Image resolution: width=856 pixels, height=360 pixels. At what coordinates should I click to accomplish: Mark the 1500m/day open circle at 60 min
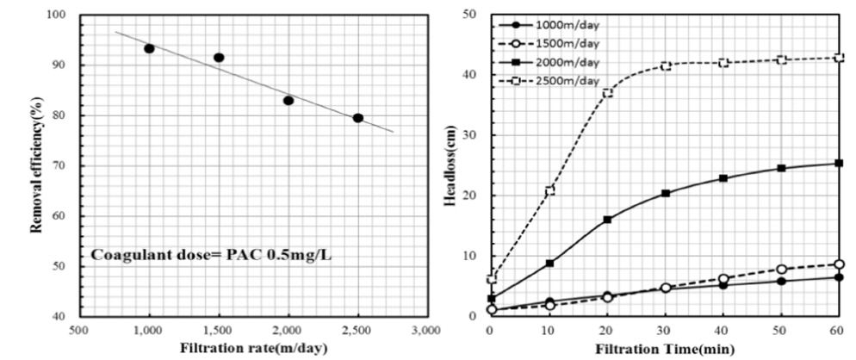[840, 264]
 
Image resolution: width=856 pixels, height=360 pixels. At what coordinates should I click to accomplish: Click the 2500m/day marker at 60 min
[840, 58]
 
